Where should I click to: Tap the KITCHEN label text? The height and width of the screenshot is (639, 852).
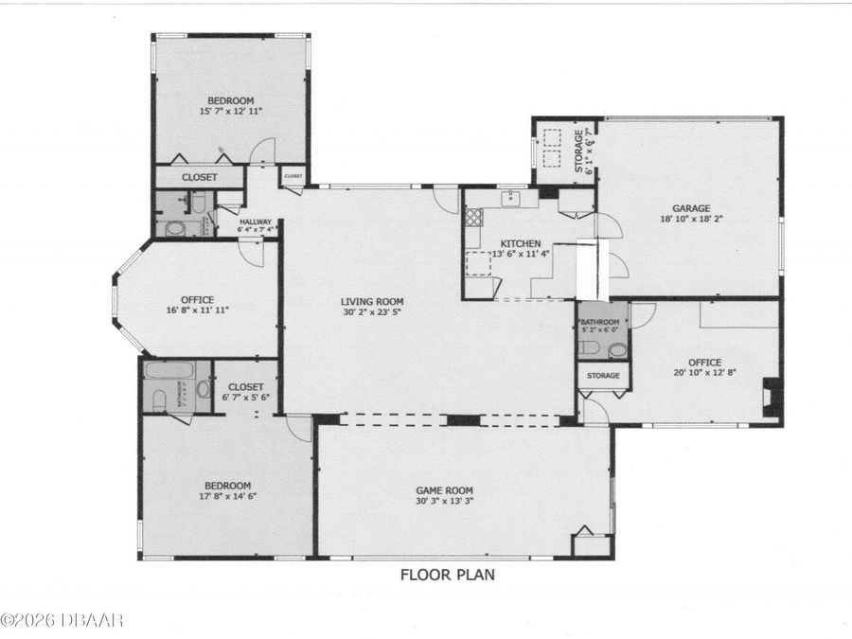521,243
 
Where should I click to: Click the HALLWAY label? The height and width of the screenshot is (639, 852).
256,222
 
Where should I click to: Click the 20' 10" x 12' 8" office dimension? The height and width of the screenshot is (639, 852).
704,373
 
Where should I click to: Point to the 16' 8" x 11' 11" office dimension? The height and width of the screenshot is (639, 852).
198,311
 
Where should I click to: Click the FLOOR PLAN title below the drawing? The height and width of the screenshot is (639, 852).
447,574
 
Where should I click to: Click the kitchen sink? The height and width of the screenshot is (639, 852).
510,198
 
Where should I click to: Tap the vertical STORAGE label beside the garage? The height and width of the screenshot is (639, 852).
578,151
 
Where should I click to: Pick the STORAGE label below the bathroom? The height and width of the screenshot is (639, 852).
603,376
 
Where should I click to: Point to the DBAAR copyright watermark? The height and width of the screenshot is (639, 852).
62,620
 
